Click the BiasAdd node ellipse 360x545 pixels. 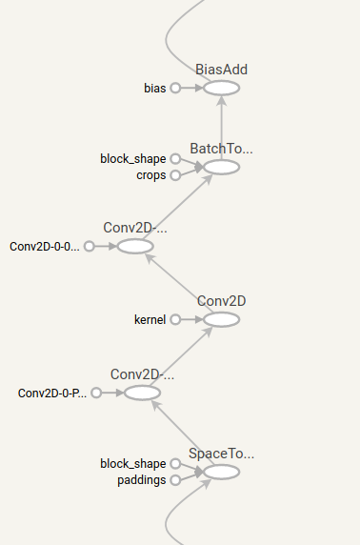(x=221, y=88)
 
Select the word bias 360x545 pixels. (x=155, y=88)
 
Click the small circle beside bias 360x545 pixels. (x=175, y=88)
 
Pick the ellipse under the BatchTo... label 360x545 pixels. (x=221, y=167)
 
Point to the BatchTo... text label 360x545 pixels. (x=221, y=149)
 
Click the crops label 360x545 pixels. (x=152, y=175)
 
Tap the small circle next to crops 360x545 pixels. (x=175, y=175)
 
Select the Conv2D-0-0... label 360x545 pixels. (x=45, y=246)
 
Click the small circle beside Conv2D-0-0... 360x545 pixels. (x=90, y=246)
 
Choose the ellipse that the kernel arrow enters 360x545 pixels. (x=221, y=319)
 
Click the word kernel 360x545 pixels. (x=150, y=319)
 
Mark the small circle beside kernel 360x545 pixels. (x=175, y=319)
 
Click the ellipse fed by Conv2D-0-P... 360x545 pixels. (x=142, y=393)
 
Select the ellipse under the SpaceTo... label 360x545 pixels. (x=221, y=472)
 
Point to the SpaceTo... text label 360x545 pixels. (x=221, y=454)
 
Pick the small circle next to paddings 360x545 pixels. (x=175, y=480)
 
